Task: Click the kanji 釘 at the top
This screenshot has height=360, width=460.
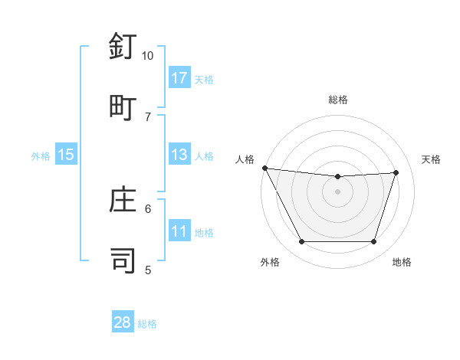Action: pos(123,47)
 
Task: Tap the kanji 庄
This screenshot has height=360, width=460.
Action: pos(123,200)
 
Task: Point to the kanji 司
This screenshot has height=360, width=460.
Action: pos(123,259)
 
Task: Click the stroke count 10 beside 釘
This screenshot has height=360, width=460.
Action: pos(148,56)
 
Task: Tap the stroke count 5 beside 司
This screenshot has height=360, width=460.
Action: pos(148,269)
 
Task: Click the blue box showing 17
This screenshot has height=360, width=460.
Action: pos(179,78)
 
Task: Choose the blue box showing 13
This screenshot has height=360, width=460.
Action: pos(179,155)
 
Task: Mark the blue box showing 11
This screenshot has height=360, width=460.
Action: pos(179,232)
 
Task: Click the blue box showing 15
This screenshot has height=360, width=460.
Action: pos(66,155)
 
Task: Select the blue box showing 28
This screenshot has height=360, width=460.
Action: pos(123,322)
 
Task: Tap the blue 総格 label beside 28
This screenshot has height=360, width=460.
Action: pos(147,324)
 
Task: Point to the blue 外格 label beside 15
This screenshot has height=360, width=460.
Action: pos(41,156)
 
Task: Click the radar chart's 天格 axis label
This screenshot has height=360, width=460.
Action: pos(432,159)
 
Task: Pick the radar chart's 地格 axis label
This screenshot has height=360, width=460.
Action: pos(402,263)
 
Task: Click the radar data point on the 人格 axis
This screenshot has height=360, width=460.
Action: pos(264,168)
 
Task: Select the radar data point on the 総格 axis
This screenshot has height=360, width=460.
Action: pos(338,177)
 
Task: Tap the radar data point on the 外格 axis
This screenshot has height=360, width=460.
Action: pos(301,242)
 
